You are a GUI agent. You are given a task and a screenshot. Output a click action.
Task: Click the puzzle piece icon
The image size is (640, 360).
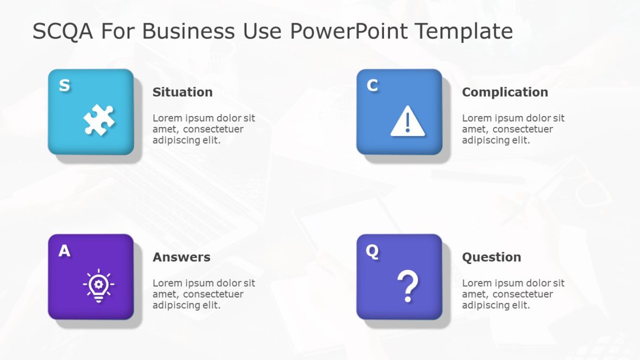point(99,120)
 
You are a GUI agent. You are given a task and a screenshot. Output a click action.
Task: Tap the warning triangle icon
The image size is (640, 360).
point(407,121)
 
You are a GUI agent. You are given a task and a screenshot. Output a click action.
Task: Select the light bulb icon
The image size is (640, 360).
point(98,285)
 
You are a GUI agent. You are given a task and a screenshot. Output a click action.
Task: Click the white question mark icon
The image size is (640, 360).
point(407,287)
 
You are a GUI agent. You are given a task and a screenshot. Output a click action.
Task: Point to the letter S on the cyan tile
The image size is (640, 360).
point(64,86)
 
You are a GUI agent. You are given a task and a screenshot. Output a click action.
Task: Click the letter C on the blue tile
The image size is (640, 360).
point(372,86)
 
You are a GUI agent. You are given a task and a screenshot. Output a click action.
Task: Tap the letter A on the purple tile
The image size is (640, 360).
point(64,251)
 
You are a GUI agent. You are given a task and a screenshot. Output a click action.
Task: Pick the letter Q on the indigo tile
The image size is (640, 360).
point(372,251)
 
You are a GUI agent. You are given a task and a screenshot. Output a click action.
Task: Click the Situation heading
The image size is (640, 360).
point(182,92)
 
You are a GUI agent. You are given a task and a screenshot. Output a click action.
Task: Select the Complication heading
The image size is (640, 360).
point(504,92)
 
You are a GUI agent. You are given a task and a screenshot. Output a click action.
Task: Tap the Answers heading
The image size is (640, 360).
point(181,257)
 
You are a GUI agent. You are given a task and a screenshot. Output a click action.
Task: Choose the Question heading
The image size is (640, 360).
point(491,257)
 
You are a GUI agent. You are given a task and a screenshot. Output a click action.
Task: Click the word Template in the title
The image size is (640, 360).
point(464,31)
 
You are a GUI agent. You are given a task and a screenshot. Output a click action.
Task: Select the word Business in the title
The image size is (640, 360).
point(189,31)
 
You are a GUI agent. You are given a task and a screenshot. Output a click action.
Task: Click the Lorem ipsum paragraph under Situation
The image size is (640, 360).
point(203,129)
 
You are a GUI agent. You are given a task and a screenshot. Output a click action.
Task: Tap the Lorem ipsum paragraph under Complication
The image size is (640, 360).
point(513,129)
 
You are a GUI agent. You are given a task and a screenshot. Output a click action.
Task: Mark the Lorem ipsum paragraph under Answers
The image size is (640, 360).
point(203,294)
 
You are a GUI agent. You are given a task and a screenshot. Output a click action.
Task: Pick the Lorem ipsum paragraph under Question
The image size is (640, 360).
point(513,294)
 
